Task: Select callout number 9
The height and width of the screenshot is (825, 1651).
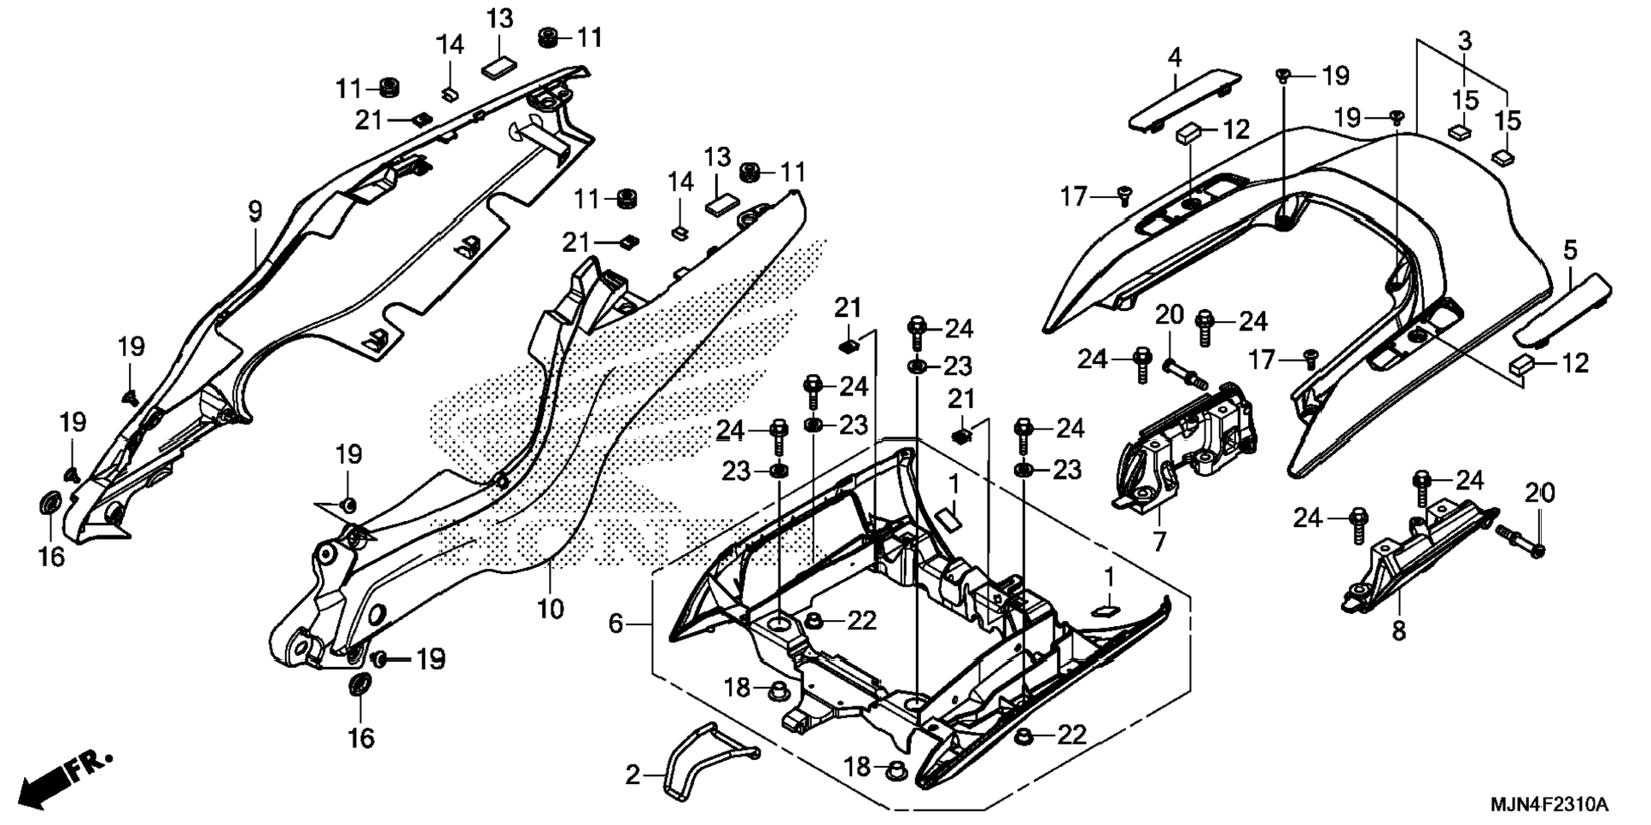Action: [254, 210]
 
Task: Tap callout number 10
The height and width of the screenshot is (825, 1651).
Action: [550, 609]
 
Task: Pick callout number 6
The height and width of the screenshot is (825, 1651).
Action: [615, 623]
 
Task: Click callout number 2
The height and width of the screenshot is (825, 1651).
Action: [632, 775]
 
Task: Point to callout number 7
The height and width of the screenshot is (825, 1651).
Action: [1158, 541]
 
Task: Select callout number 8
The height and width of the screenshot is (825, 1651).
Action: [1397, 631]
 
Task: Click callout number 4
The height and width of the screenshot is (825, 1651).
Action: [1175, 58]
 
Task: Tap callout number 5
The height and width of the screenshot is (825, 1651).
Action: [1570, 250]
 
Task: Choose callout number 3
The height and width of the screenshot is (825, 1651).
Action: [1464, 40]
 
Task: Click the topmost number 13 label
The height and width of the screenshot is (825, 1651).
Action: [500, 18]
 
